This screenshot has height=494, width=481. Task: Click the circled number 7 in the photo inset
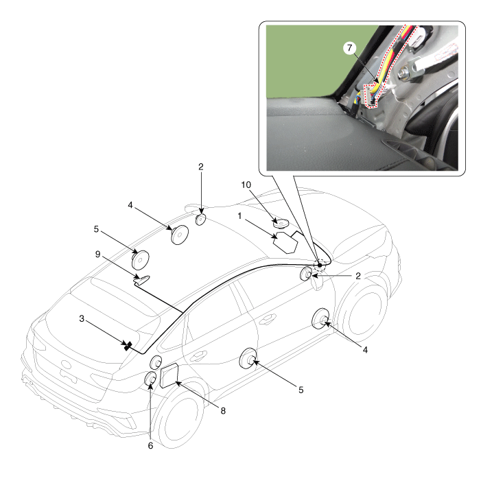click(x=349, y=49)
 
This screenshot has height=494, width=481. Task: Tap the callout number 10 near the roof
click(x=246, y=185)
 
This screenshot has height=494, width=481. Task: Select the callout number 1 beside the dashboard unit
click(x=239, y=216)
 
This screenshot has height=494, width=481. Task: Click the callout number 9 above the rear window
click(x=97, y=255)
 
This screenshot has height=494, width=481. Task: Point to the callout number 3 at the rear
click(x=82, y=319)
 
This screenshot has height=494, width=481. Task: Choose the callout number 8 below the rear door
click(x=223, y=411)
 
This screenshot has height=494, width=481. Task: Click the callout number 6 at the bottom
click(x=150, y=446)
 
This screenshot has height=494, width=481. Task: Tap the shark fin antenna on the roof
click(x=142, y=279)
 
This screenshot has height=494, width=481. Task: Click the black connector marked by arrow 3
click(x=127, y=346)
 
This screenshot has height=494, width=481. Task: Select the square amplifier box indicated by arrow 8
click(x=169, y=375)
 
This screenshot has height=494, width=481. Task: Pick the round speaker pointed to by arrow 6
click(x=150, y=379)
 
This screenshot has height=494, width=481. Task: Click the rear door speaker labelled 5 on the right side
click(x=248, y=358)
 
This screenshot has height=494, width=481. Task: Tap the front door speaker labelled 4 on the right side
click(x=320, y=319)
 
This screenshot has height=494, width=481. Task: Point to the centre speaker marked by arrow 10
click(x=281, y=224)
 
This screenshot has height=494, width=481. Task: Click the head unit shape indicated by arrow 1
click(x=285, y=242)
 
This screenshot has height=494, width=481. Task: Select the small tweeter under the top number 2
click(x=200, y=219)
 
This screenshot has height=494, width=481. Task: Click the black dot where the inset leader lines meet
click(x=320, y=266)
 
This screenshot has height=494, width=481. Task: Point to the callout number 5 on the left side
click(x=96, y=229)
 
